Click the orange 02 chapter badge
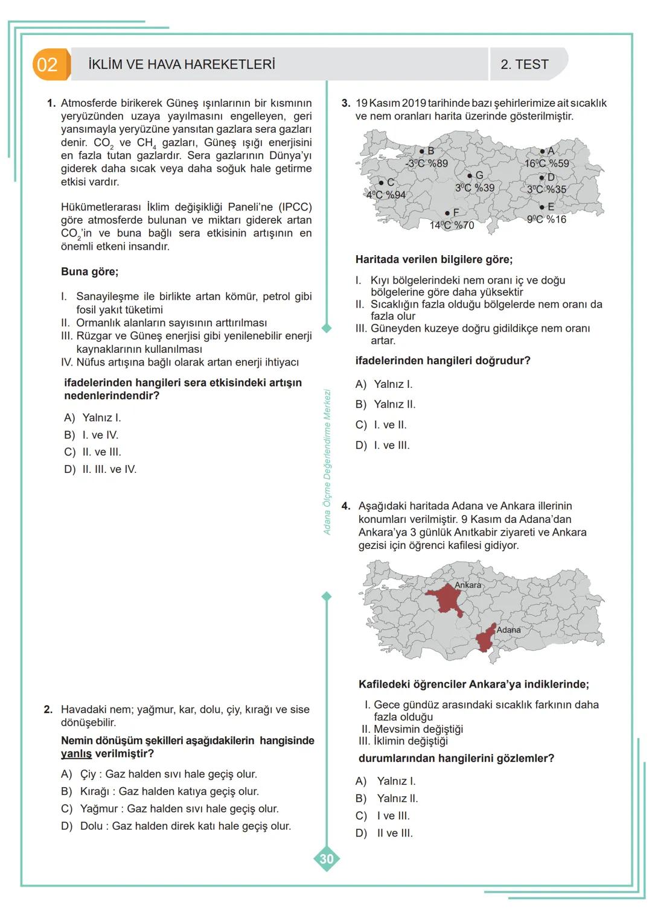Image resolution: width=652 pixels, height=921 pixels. point(49,65)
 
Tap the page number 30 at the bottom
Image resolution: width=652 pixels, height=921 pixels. point(326,859)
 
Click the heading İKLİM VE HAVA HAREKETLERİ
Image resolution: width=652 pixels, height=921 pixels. point(182,65)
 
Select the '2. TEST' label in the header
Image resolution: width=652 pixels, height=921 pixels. point(524,65)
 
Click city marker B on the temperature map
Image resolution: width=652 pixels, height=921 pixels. point(422,151)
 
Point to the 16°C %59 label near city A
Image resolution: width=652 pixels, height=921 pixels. point(546,163)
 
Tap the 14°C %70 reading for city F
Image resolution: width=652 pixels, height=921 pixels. point(452,226)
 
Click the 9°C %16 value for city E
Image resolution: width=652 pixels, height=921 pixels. point(546,220)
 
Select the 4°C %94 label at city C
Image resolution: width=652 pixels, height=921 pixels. point(386,195)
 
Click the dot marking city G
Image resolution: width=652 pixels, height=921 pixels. point(470,176)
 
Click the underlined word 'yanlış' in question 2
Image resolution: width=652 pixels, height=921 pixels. point(76,754)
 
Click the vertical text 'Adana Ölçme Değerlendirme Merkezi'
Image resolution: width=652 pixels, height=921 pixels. point(327,462)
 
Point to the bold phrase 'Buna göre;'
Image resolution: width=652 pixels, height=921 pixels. point(89,271)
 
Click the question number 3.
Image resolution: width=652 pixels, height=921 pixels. point(345,103)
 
